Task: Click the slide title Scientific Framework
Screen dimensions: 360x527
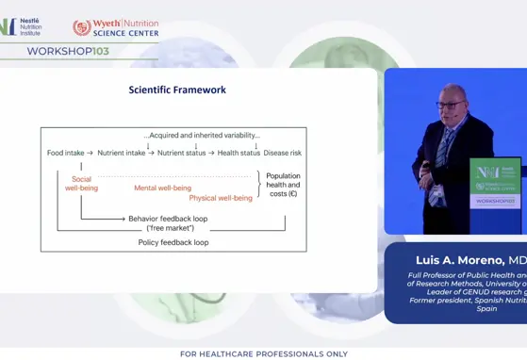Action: tap(177, 90)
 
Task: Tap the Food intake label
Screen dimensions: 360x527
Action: tap(65, 153)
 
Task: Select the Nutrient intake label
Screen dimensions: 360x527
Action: tap(123, 153)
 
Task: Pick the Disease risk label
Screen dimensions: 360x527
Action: tap(283, 153)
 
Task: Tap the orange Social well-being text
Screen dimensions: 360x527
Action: tap(82, 183)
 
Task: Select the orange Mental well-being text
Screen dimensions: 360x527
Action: tap(162, 188)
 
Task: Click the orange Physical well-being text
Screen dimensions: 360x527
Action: tap(221, 198)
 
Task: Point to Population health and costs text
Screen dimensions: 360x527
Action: tap(283, 185)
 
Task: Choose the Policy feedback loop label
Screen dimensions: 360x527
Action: tap(173, 242)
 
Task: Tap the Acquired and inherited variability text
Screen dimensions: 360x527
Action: tap(200, 134)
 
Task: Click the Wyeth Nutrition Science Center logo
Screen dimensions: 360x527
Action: tap(115, 28)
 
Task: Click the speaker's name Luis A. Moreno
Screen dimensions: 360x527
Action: tap(460, 260)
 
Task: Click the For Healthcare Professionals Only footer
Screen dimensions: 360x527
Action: tap(263, 353)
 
